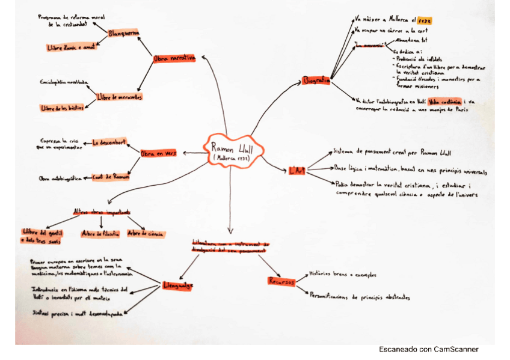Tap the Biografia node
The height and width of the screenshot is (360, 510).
(x=317, y=80)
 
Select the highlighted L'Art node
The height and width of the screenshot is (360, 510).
(x=297, y=171)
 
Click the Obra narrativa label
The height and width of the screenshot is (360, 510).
(x=174, y=58)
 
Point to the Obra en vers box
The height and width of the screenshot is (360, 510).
(x=158, y=154)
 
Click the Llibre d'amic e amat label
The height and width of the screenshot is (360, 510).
(x=70, y=47)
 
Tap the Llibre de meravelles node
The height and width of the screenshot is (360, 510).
(x=119, y=97)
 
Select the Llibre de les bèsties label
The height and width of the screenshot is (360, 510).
(x=62, y=108)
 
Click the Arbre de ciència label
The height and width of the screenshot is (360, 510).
(x=147, y=233)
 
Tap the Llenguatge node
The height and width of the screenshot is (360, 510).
(x=177, y=285)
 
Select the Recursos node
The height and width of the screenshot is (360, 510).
(x=280, y=281)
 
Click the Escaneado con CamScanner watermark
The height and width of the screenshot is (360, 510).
(x=428, y=349)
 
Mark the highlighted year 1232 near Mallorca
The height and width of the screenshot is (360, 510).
(x=425, y=20)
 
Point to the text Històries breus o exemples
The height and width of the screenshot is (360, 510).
(x=342, y=275)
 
